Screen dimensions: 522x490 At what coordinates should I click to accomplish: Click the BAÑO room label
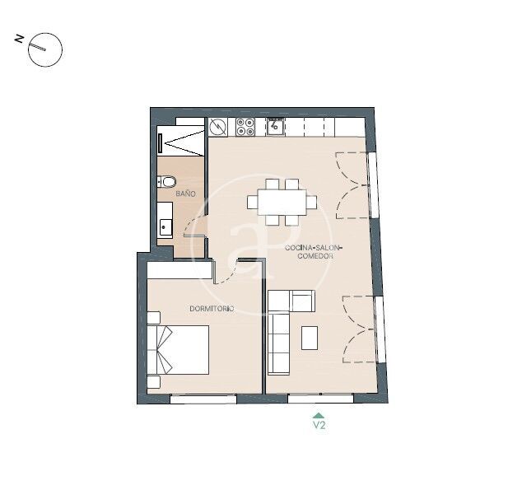click(x=185, y=194)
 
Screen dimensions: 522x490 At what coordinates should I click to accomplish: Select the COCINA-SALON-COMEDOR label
click(x=314, y=252)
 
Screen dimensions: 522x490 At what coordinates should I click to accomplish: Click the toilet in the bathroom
click(x=167, y=182)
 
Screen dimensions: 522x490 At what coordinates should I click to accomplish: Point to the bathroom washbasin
click(x=165, y=227)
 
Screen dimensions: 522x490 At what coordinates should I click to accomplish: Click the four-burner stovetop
click(x=245, y=127)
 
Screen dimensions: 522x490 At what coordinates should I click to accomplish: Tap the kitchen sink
click(x=275, y=127)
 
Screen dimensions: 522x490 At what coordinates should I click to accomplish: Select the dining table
click(x=282, y=202)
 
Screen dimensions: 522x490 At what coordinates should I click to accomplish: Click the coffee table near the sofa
click(x=310, y=338)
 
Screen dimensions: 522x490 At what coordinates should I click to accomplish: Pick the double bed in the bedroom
click(x=178, y=350)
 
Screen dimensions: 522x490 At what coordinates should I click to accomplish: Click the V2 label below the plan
click(x=319, y=426)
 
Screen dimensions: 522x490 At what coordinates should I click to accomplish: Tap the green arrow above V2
click(x=319, y=415)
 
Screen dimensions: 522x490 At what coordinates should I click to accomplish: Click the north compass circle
click(x=45, y=50)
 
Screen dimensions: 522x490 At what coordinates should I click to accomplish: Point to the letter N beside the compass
click(x=19, y=39)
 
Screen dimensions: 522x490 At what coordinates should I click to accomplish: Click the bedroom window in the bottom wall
click(x=203, y=399)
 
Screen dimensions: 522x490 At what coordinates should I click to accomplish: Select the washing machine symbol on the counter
click(x=218, y=127)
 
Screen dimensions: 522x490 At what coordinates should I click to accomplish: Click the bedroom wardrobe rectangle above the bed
click(x=179, y=270)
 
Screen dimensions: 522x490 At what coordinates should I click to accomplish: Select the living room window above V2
click(x=320, y=398)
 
